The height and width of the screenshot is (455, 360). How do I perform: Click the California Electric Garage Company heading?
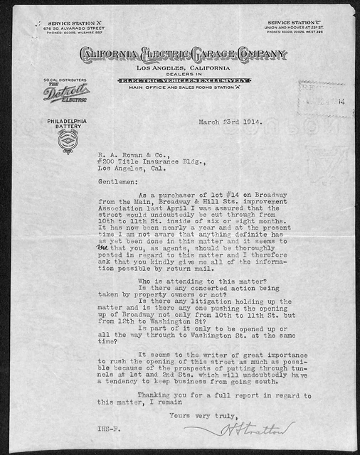coord(183,55)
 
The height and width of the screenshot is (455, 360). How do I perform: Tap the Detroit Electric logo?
coord(66,94)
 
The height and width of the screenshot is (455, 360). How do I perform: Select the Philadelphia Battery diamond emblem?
coord(65,141)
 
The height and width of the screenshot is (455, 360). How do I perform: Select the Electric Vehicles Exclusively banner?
coord(184,80)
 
